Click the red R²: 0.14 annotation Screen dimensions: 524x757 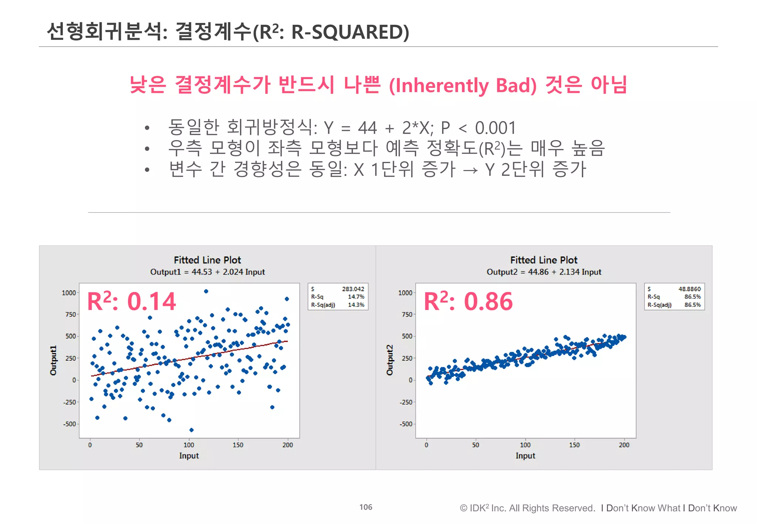tap(131, 302)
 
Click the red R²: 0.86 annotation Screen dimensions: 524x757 tap(468, 302)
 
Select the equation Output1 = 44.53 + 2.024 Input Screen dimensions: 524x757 tap(207, 272)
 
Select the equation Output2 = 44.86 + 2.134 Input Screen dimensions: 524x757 tap(544, 272)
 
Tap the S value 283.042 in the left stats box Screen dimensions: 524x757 tap(353, 289)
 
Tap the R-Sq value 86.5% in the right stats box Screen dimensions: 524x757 tap(692, 297)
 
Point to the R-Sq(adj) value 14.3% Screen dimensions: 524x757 tap(356, 305)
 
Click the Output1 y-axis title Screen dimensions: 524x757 tap(54, 360)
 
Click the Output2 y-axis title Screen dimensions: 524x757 tap(390, 360)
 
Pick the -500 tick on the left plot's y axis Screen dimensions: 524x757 tap(69, 424)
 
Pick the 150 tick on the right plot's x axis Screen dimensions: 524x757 tap(574, 445)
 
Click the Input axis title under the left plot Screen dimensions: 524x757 tap(189, 456)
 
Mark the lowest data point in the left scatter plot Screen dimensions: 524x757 tap(191, 430)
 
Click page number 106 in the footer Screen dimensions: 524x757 tap(366, 507)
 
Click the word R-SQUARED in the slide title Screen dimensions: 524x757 tap(350, 32)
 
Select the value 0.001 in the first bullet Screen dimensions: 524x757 tap(495, 128)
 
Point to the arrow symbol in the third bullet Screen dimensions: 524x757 tap(470, 170)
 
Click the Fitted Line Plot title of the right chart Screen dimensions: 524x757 tap(544, 260)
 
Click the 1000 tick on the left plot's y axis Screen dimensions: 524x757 tap(69, 293)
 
